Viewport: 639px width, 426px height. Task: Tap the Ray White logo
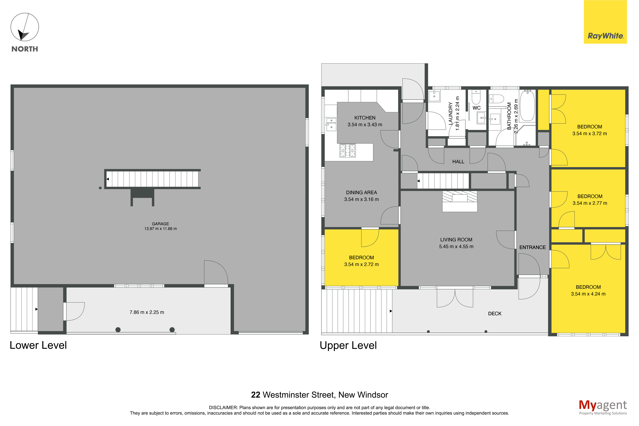(605, 22)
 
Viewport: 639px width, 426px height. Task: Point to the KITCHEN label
(365, 118)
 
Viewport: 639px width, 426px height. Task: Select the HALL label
(458, 162)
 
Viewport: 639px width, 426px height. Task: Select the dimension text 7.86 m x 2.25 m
(147, 312)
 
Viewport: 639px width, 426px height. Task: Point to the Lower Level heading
(38, 345)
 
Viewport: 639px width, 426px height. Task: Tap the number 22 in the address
(256, 395)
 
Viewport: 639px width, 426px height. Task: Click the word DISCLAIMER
(223, 408)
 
